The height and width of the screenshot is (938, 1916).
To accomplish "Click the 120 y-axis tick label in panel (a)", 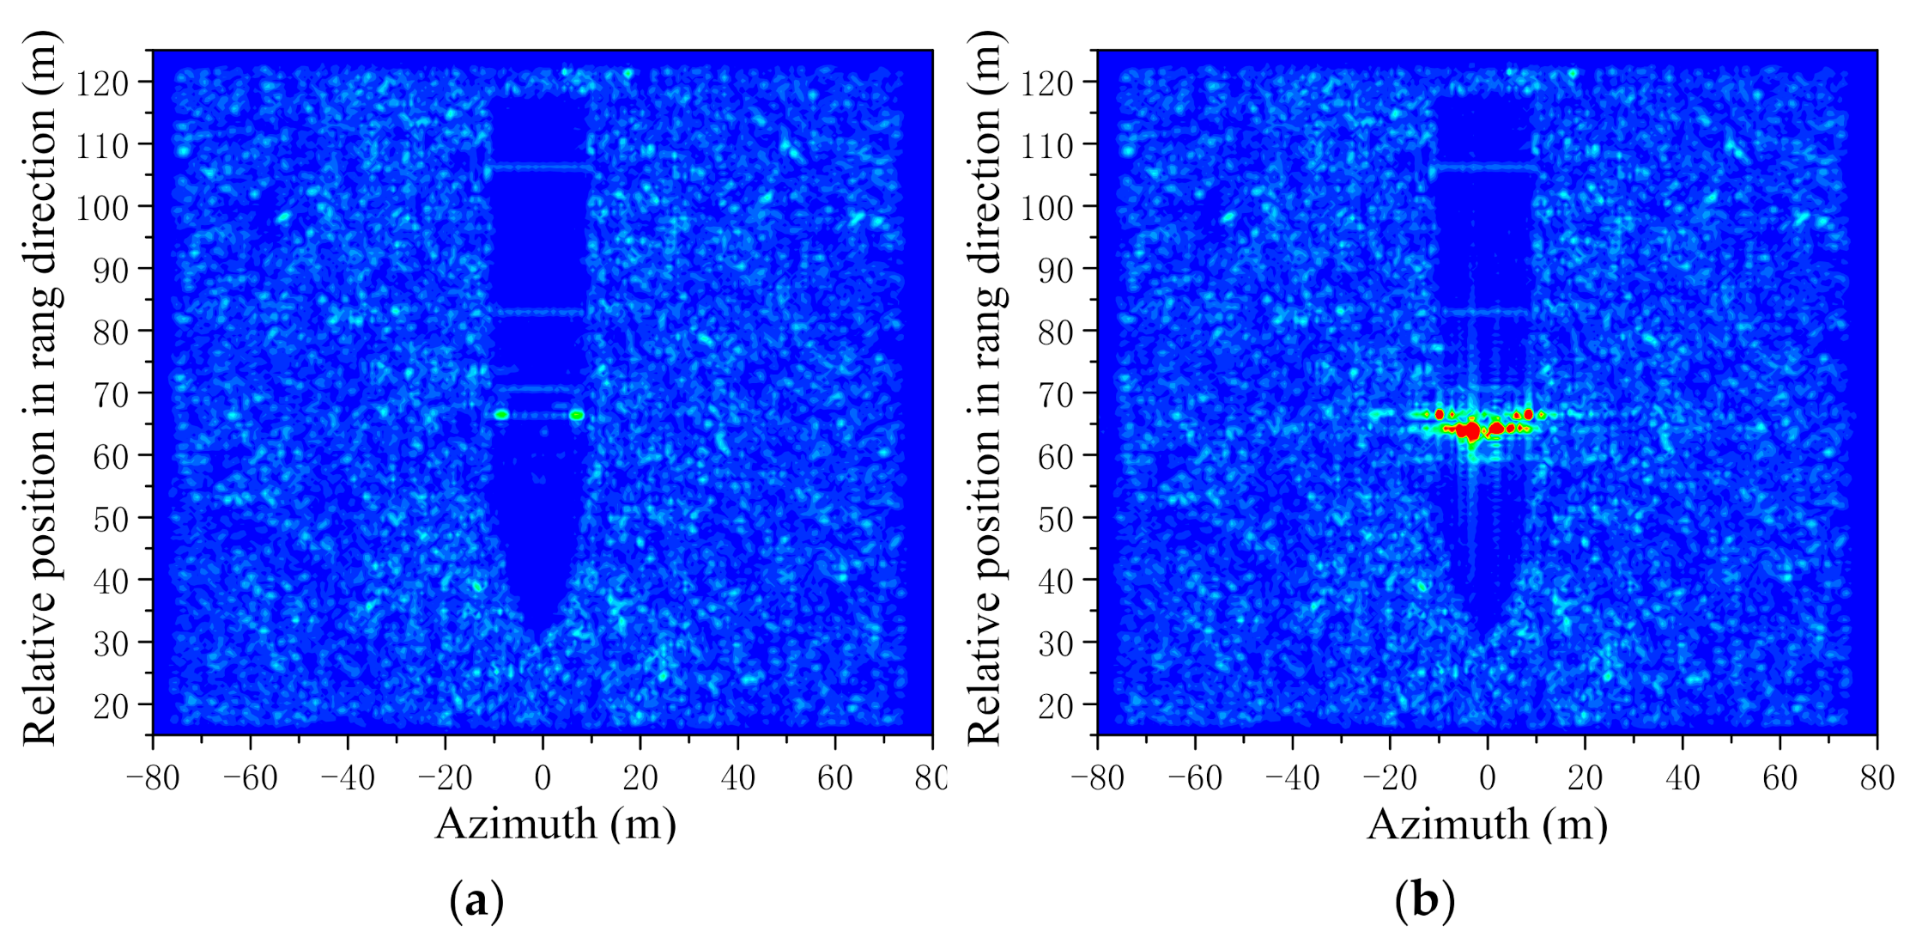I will click(102, 83).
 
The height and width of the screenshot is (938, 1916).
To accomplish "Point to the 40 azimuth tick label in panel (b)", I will click(1682, 778).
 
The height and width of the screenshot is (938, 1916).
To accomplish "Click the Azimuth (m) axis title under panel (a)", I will click(555, 825).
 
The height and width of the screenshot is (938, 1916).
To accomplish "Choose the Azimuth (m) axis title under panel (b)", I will click(1487, 825).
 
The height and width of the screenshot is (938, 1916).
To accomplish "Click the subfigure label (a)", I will click(476, 901).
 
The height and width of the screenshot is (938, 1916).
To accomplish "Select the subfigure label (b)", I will click(1425, 901).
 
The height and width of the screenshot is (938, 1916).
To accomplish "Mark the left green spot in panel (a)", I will click(501, 415).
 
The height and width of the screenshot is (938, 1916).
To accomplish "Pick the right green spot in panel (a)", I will click(577, 415).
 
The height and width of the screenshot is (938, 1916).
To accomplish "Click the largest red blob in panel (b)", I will click(1471, 430).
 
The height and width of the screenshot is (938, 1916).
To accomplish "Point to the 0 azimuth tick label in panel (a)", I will click(543, 778).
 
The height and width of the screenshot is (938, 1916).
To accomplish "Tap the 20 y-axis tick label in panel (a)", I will click(111, 706).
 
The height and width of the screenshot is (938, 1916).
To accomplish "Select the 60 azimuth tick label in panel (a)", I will click(834, 778).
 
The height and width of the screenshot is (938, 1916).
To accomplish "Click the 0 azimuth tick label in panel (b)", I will click(1487, 778).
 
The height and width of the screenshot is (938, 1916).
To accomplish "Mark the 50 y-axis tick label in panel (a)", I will click(111, 519).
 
